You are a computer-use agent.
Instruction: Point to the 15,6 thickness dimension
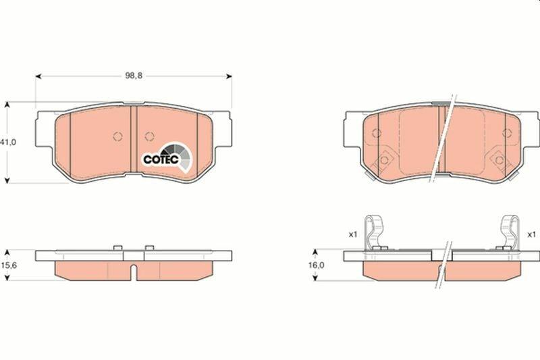8,265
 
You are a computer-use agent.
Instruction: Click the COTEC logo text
160,159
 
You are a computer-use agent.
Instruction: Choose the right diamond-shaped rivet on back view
500,159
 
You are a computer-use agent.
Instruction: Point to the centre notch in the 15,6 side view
134,273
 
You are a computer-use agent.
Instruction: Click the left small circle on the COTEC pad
117,136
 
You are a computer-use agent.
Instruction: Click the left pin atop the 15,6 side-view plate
117,247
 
